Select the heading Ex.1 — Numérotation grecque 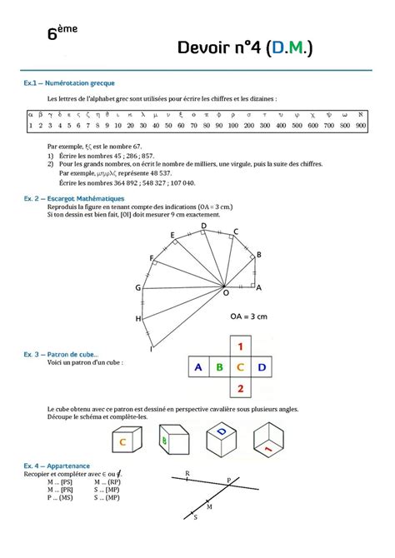69,83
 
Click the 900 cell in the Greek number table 360,126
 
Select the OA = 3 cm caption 249,316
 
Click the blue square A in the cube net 197,366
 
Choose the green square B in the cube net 219,366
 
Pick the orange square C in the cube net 241,366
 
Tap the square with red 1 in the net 241,345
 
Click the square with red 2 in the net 241,387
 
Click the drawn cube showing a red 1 272,441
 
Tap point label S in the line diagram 195,517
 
